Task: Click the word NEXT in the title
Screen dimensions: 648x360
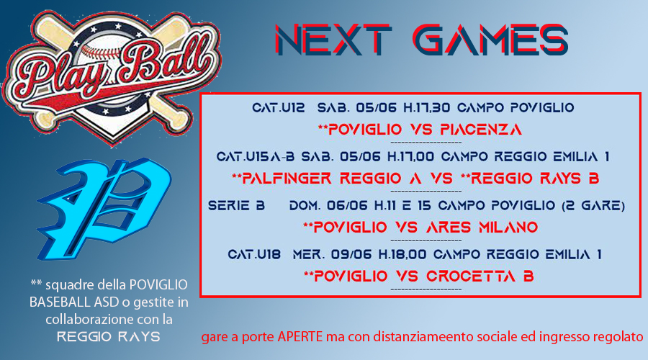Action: [333, 40]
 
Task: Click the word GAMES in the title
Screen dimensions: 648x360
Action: [490, 40]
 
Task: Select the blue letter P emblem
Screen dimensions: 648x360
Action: [104, 209]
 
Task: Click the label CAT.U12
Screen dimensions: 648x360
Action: [279, 108]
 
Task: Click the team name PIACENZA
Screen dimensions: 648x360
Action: [481, 130]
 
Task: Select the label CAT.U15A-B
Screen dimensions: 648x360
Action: [256, 157]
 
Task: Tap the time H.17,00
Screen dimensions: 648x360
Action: [411, 157]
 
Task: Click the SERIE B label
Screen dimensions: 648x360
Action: [236, 205]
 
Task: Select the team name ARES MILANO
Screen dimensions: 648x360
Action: [482, 228]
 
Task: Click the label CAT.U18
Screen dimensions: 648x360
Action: [254, 254]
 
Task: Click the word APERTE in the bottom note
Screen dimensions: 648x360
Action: [300, 336]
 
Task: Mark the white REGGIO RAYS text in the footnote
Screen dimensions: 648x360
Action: [108, 337]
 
